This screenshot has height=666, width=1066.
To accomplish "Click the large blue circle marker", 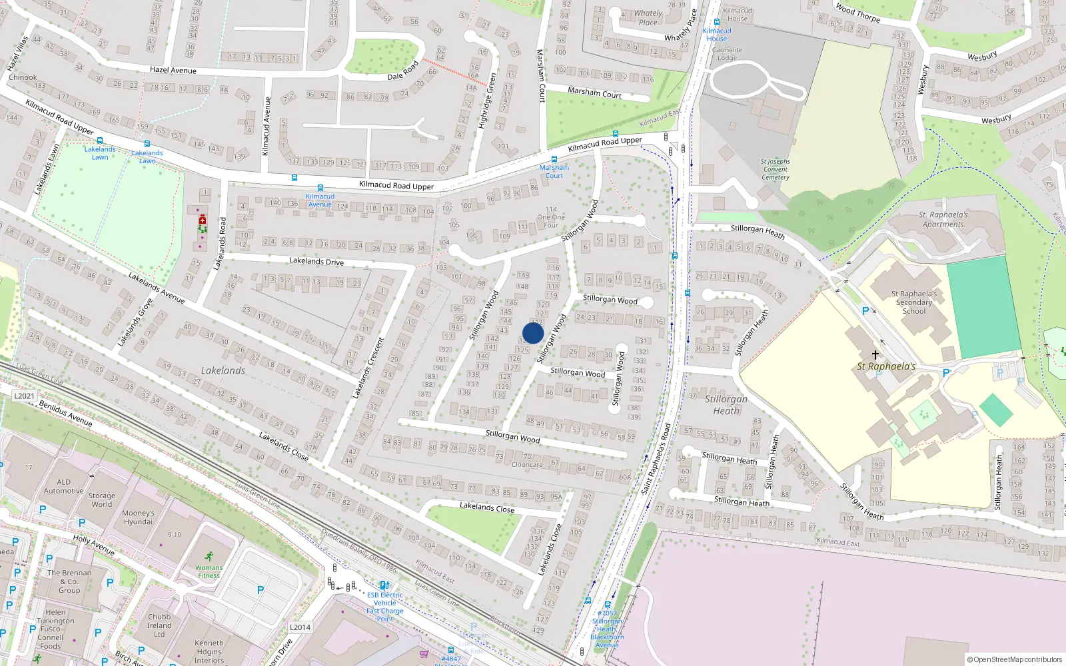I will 533,333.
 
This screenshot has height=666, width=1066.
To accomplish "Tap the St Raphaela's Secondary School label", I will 913,302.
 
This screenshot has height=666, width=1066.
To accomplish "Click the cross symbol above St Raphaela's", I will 875,355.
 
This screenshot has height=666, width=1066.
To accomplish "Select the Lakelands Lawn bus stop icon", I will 100,141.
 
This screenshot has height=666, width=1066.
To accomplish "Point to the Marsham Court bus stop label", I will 554,172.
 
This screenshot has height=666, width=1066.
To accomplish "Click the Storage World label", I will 102,500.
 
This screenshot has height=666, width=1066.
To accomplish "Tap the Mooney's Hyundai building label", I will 138,517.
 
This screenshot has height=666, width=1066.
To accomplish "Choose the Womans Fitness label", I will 209,571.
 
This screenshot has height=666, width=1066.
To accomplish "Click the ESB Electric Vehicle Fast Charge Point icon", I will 384,585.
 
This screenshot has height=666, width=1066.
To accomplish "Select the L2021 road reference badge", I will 24,396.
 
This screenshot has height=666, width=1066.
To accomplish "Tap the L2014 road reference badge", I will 300,627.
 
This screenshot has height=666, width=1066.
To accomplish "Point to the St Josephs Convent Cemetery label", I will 776,169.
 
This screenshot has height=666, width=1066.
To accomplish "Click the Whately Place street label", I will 648,18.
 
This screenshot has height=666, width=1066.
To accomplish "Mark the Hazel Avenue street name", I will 173,70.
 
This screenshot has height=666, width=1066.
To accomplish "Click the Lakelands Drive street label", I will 316,261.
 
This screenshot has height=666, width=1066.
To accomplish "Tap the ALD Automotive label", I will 63,486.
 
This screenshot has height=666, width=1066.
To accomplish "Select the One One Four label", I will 551,217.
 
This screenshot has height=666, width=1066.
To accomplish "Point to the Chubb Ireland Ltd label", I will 159,625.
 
